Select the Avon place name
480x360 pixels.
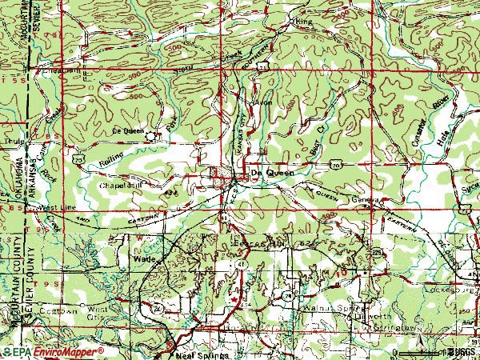point(262,103)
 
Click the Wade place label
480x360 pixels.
point(143,260)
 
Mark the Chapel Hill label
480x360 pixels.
point(120,185)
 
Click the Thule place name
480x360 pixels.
point(11,142)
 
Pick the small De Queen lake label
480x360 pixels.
point(127,130)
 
